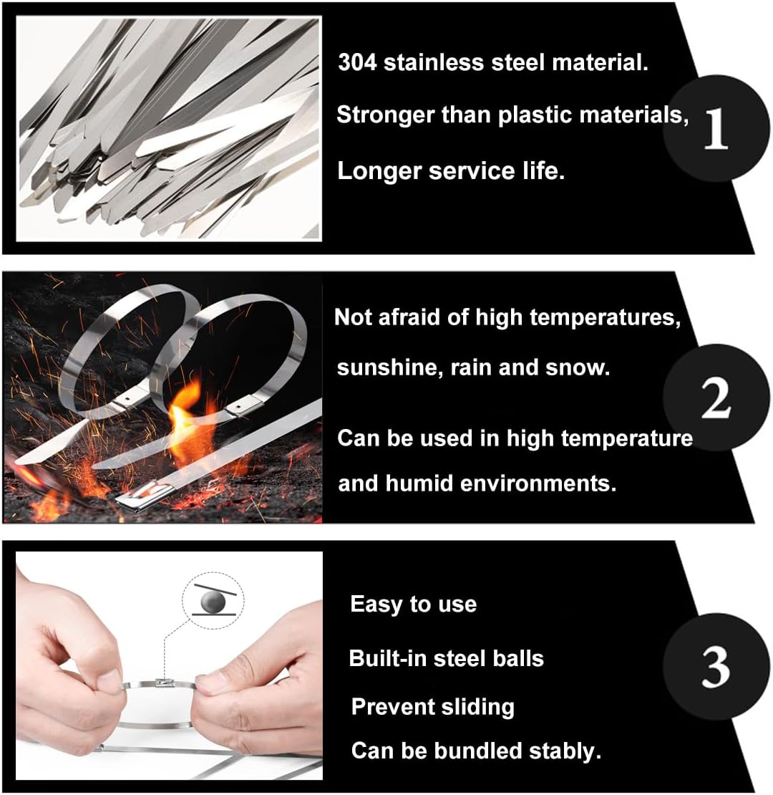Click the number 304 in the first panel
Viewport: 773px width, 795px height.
357,62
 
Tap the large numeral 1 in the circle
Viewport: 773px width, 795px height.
716,129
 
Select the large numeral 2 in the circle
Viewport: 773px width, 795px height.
716,398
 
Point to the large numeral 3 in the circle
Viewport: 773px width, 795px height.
716,668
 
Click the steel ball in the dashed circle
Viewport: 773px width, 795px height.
213,603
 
